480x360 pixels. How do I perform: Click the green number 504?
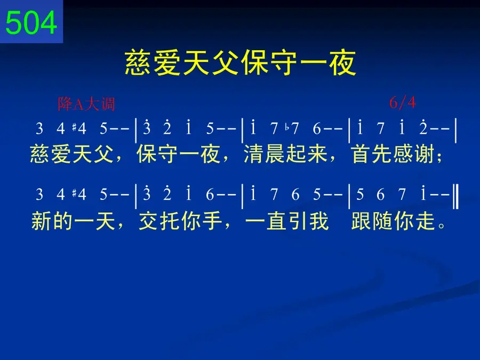pos(31,22)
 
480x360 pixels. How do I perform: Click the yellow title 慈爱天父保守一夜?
pos(241,63)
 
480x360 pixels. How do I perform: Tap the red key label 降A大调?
pos(86,104)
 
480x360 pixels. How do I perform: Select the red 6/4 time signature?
pos(403,102)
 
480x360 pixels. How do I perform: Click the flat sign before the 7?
pos(287,127)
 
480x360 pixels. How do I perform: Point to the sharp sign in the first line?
pos(74,127)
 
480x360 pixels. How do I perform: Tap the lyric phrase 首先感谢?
pos(393,154)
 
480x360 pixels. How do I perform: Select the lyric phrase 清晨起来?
pos(286,154)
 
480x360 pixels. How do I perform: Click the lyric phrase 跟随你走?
pos(393,221)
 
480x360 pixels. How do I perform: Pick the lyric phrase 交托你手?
pos(181,221)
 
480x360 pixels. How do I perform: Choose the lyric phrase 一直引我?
pos(287,221)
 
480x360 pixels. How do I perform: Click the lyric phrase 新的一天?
pos(73,221)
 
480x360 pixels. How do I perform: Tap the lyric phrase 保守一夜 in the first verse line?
pos(179,154)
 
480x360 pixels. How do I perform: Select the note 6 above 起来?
pos(316,129)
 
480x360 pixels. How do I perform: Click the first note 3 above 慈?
pos(39,129)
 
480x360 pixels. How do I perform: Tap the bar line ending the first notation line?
pos(456,131)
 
